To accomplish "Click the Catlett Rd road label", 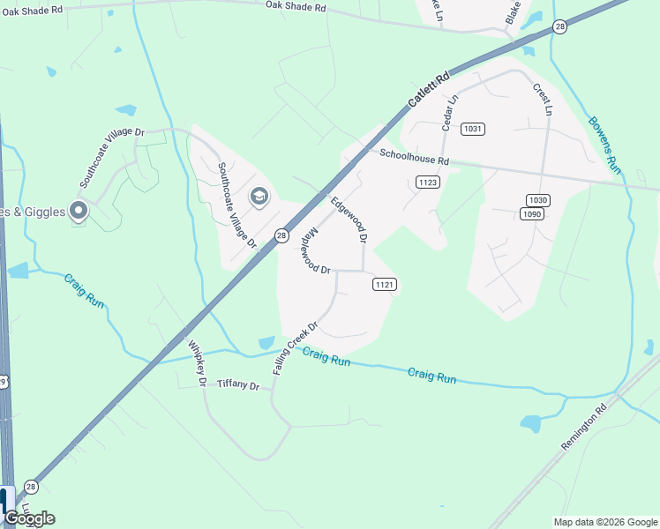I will pos(429,89).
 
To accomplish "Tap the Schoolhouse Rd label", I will pos(415,157).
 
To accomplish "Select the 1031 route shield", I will pos(473,129).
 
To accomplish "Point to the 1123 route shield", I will pos(428,182).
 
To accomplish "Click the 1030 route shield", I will pos(537,200).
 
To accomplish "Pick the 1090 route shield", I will pos(531,213).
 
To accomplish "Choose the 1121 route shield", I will pos(384,284).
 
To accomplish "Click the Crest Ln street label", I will pos(542,99).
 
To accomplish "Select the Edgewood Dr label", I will pos(348,220).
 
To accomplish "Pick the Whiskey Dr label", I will pos(196,363).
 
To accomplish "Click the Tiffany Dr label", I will pos(238,385).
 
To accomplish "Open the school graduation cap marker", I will pos(259,195).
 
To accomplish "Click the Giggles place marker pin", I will pos(79,210).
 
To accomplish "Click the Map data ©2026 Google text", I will pos(604,522).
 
